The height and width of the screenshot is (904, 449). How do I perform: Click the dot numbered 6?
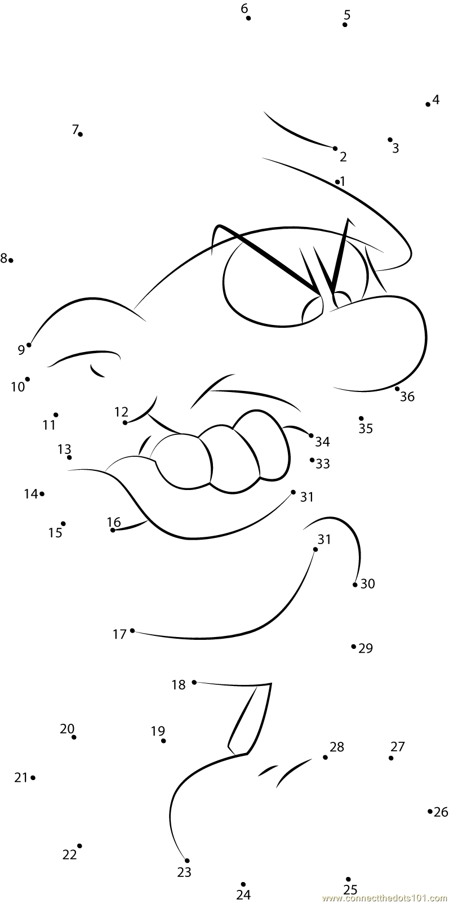click(x=248, y=18)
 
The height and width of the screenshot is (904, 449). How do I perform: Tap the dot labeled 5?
click(x=345, y=25)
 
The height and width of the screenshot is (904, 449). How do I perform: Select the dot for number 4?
click(x=428, y=104)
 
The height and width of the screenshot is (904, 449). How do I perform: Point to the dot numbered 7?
click(x=81, y=134)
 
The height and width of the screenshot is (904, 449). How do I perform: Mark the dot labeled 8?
click(x=11, y=260)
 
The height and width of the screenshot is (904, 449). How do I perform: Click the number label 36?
click(x=407, y=397)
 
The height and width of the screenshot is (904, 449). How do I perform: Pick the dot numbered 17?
click(x=132, y=630)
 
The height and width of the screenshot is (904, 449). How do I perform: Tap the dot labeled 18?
click(x=194, y=682)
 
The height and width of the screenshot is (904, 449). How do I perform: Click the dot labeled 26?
click(x=430, y=811)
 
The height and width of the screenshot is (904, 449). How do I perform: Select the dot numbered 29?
click(x=354, y=646)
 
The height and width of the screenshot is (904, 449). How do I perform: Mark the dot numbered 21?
click(x=33, y=778)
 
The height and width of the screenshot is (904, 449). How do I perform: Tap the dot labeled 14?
click(x=42, y=493)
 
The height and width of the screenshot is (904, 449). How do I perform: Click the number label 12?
click(x=121, y=412)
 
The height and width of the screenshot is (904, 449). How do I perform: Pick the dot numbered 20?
click(x=74, y=737)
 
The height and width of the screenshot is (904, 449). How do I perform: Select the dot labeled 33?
click(x=312, y=460)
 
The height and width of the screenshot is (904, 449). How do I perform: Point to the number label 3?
click(x=395, y=148)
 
